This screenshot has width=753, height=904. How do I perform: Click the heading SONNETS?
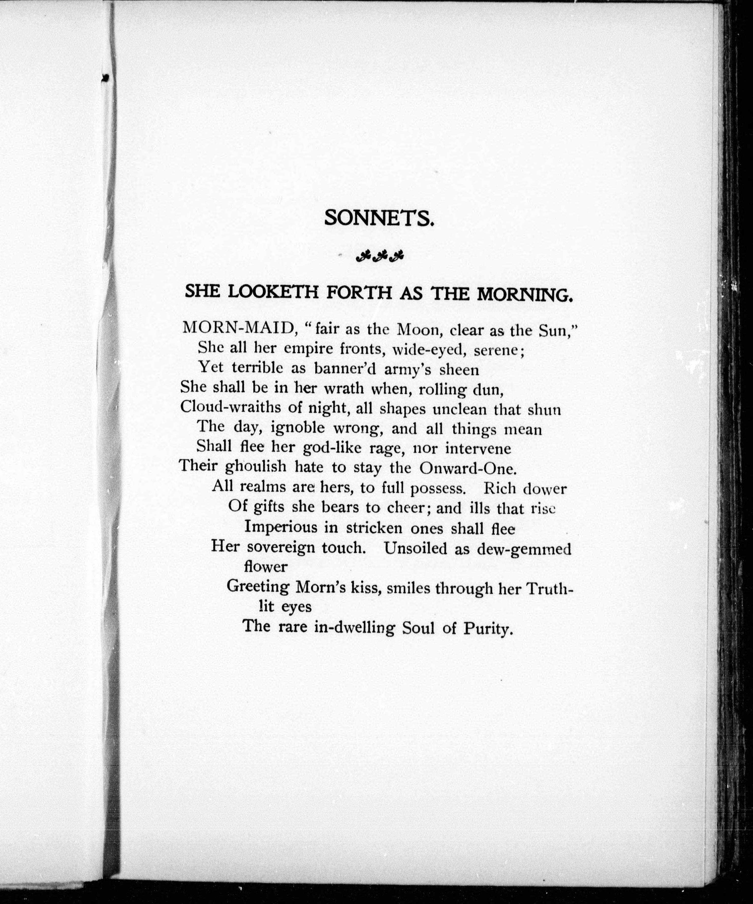pyautogui.click(x=379, y=218)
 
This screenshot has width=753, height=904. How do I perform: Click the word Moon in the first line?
pyautogui.click(x=417, y=330)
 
